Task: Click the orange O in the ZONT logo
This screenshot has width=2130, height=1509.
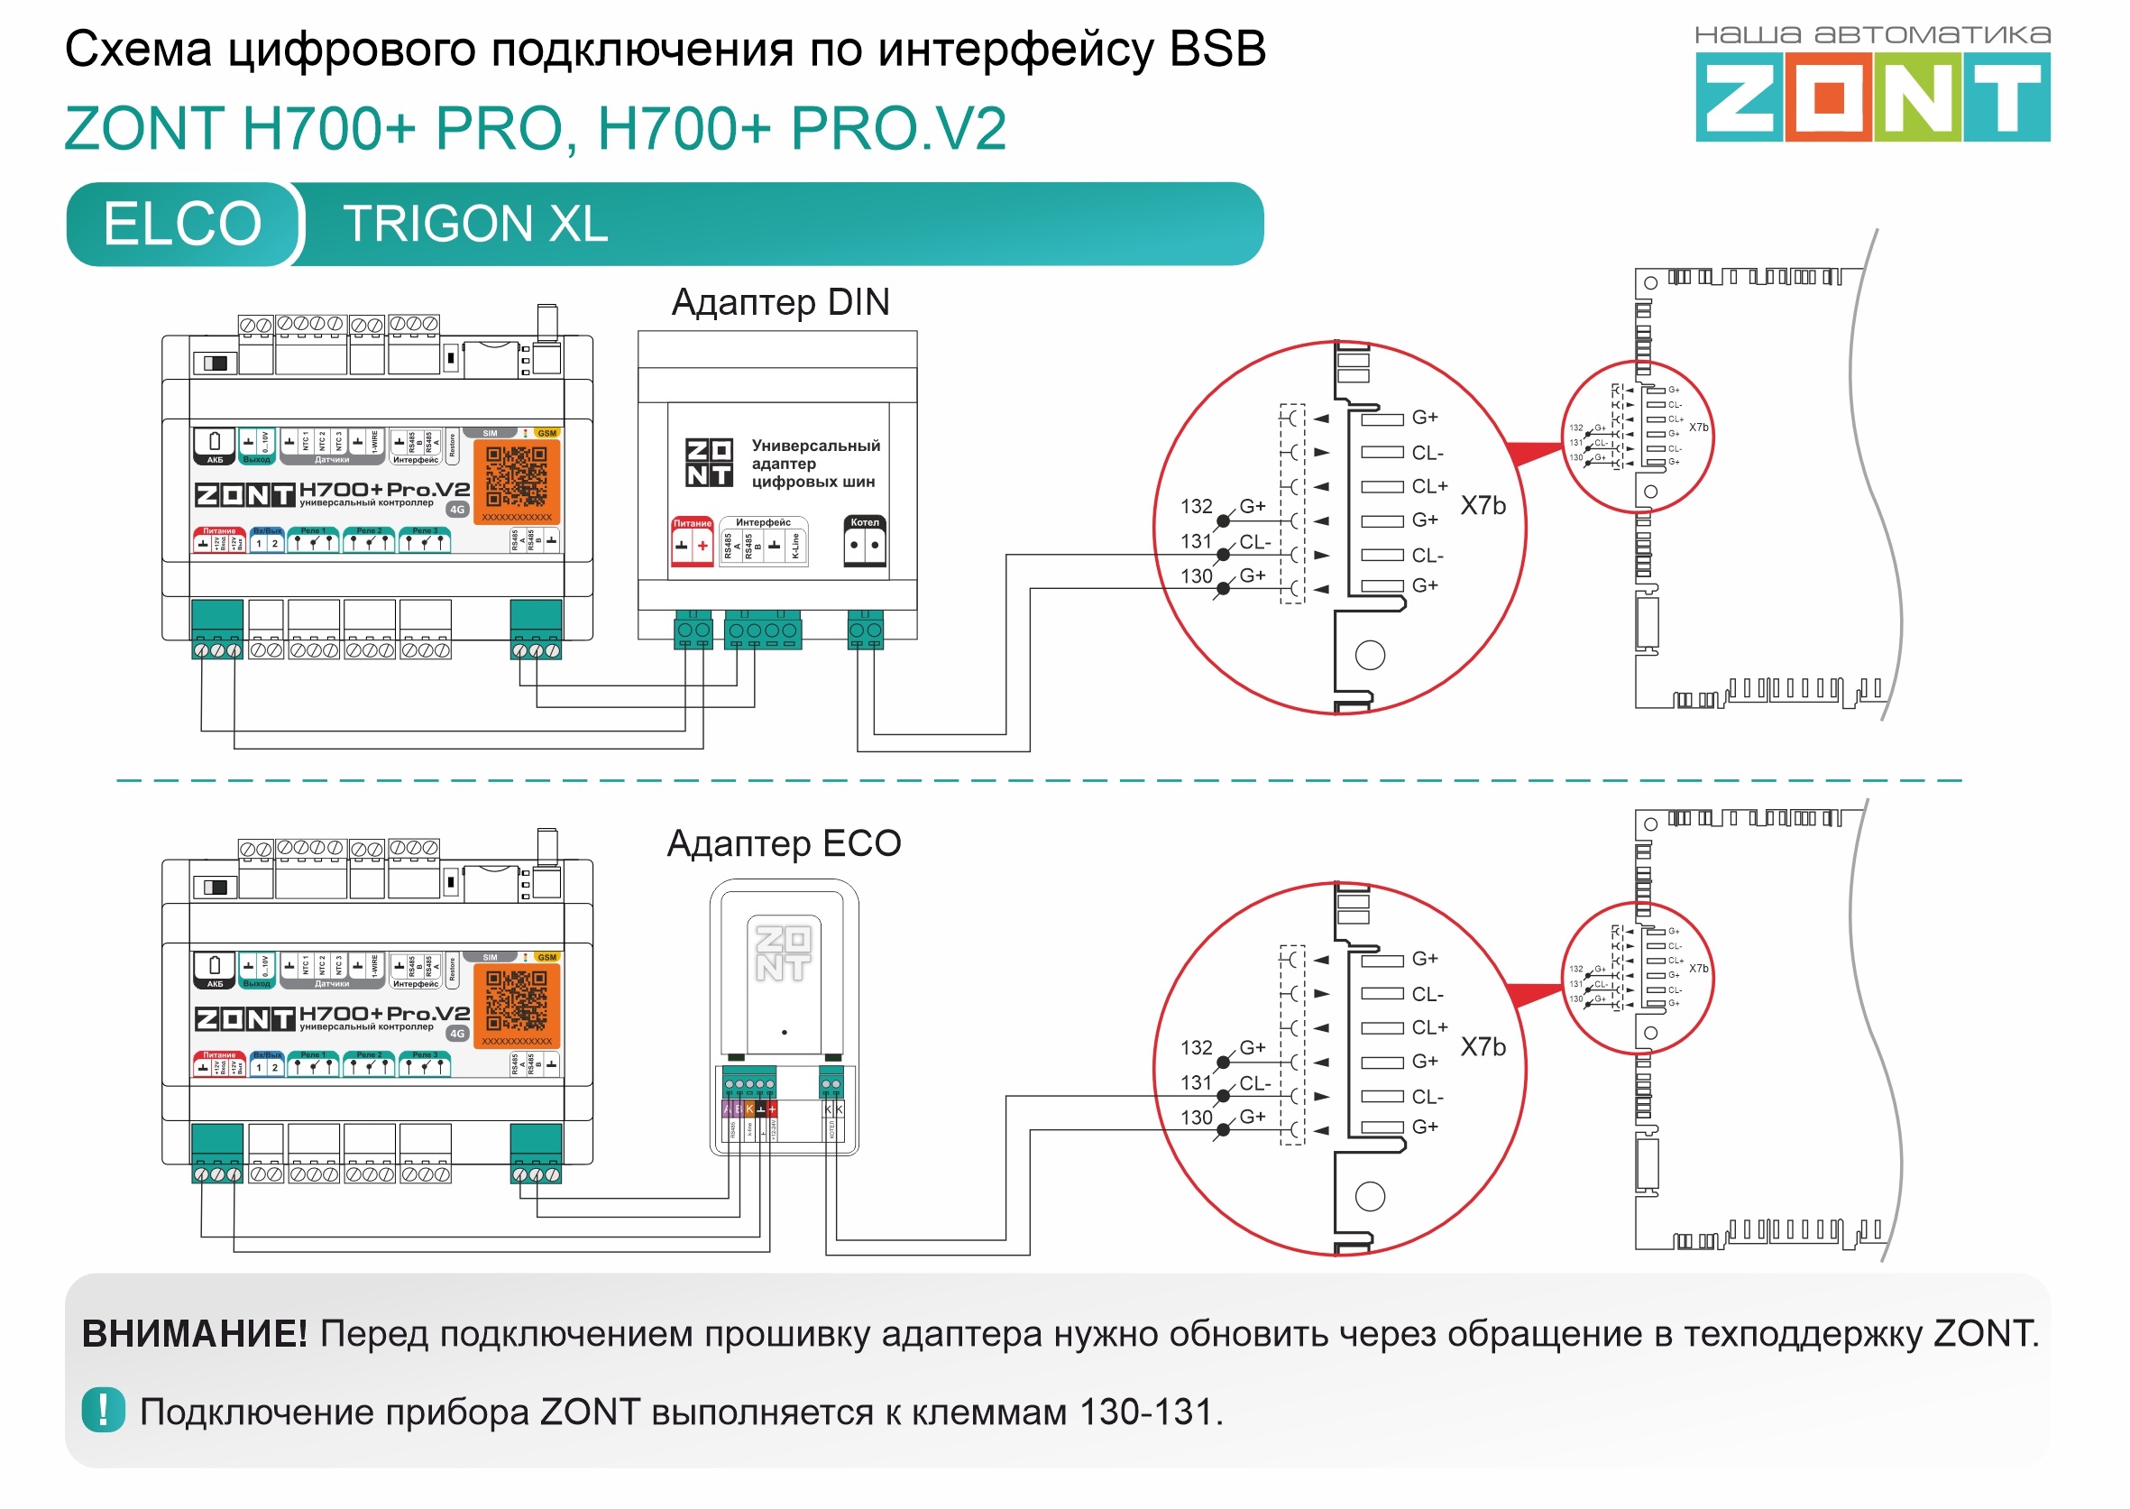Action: [1827, 97]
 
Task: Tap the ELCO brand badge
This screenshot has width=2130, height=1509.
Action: [182, 224]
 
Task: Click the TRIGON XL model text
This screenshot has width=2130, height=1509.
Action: [474, 224]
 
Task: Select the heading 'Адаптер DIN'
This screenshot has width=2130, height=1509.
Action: [779, 302]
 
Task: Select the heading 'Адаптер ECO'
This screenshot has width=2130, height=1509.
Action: [783, 843]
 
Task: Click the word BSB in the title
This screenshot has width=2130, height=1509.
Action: [1216, 50]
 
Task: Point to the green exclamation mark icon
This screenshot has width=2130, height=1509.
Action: [103, 1410]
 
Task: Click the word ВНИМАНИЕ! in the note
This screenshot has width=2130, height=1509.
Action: [194, 1333]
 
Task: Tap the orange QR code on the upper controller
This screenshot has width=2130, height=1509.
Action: [517, 480]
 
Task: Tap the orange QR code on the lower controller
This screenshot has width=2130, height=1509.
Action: [517, 1004]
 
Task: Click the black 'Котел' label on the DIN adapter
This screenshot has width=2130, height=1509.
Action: [865, 523]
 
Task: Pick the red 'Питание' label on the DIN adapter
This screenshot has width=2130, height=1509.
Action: [692, 524]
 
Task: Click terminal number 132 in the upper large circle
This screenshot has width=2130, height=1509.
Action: [1197, 507]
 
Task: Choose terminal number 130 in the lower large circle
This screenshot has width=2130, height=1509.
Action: [1197, 1118]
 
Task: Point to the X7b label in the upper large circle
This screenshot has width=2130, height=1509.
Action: [1483, 506]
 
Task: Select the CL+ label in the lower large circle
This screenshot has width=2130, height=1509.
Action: [1429, 1027]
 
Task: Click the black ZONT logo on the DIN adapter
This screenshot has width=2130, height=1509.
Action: [709, 463]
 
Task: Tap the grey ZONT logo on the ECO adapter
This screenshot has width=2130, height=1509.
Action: [783, 953]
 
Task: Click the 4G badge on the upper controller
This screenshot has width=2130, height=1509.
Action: [457, 511]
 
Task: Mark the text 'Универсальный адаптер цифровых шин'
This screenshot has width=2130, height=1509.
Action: [813, 464]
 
